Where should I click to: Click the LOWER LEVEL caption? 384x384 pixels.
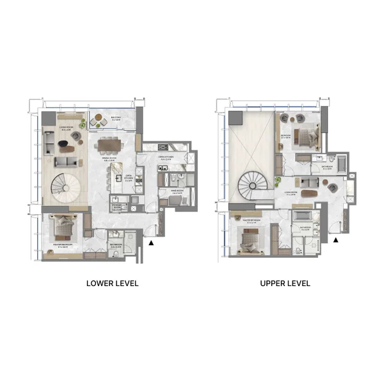tap(112, 283)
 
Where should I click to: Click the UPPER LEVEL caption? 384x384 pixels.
tap(285, 283)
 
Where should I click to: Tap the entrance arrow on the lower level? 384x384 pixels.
tap(151, 243)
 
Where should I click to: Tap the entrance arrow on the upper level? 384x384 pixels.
tap(335, 240)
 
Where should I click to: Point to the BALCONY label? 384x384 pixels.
tap(116, 118)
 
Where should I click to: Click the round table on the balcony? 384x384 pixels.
tap(99, 119)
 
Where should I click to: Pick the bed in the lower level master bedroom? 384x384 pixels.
tap(65, 227)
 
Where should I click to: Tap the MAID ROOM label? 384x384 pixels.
tap(179, 191)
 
